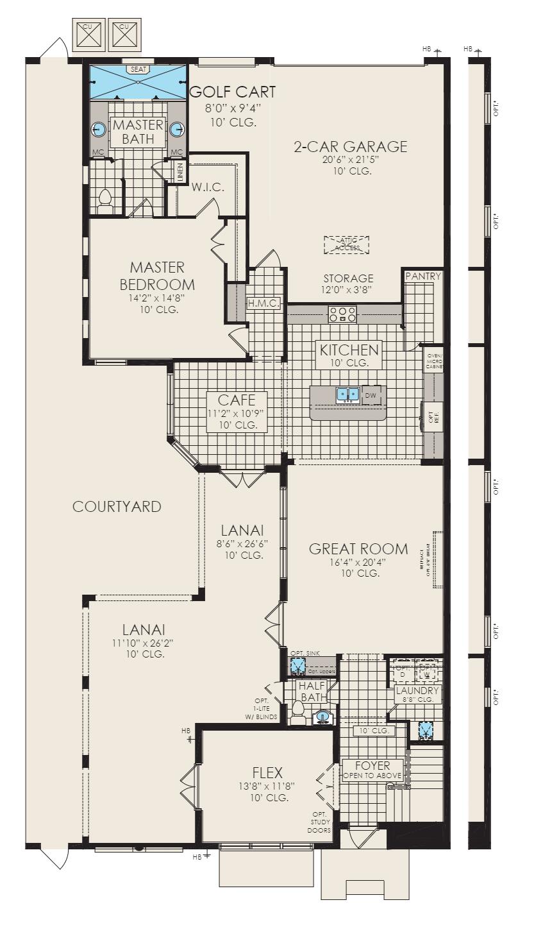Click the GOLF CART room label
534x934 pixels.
tap(233, 92)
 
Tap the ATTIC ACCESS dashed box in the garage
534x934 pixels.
tap(347, 244)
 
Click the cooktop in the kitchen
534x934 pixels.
tap(342, 314)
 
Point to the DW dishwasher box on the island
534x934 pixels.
tap(371, 395)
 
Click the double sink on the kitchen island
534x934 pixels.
tap(347, 395)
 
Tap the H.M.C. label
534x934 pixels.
tap(263, 303)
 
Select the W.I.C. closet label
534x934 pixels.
tap(207, 188)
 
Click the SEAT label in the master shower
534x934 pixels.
tap(137, 69)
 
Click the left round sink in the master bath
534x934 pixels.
tap(98, 129)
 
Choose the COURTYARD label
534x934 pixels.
tap(117, 507)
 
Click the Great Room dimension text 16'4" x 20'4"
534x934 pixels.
tap(358, 562)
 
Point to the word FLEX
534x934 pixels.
tap(267, 772)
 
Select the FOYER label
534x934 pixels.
tap(372, 765)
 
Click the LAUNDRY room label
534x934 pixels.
tap(417, 691)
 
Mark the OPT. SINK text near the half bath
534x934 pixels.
tap(305, 653)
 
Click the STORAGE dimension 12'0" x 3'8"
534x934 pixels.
tap(348, 289)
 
